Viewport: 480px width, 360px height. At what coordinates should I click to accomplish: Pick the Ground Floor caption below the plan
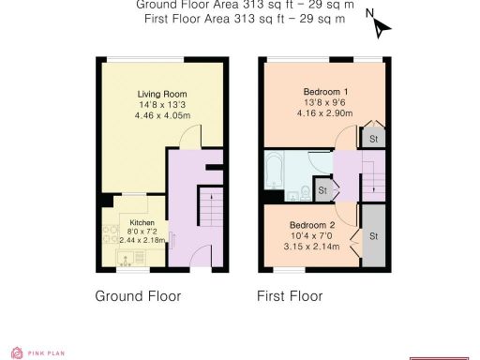click(138, 296)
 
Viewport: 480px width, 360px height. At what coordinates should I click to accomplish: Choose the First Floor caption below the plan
click(290, 296)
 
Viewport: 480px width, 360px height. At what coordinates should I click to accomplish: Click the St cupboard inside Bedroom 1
click(373, 139)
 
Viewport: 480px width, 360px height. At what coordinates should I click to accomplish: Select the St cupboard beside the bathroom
click(322, 191)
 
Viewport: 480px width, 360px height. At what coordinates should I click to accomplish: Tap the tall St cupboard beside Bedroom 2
click(373, 234)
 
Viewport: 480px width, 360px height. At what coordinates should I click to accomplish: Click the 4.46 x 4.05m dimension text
click(162, 115)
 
